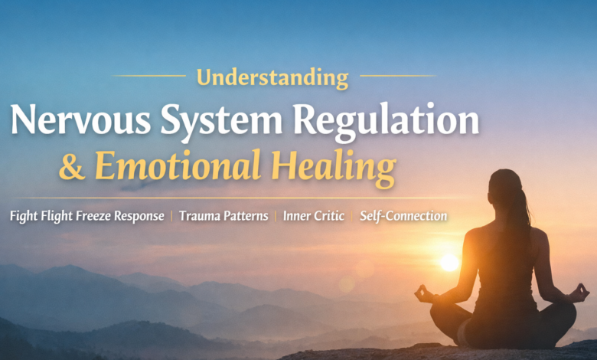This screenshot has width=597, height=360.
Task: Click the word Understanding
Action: pyautogui.click(x=272, y=77)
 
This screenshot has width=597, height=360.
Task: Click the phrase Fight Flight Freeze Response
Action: pyautogui.click(x=86, y=216)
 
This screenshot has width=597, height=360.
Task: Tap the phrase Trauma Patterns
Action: pyautogui.click(x=223, y=216)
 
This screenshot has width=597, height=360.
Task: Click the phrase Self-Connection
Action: pyautogui.click(x=403, y=216)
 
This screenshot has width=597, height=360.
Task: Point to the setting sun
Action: pyautogui.click(x=449, y=263)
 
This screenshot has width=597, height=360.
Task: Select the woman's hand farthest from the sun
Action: pyautogui.click(x=580, y=292)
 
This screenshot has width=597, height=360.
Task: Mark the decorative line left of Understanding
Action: pyautogui.click(x=149, y=76)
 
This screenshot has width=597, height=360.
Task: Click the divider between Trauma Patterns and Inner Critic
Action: pyautogui.click(x=276, y=216)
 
